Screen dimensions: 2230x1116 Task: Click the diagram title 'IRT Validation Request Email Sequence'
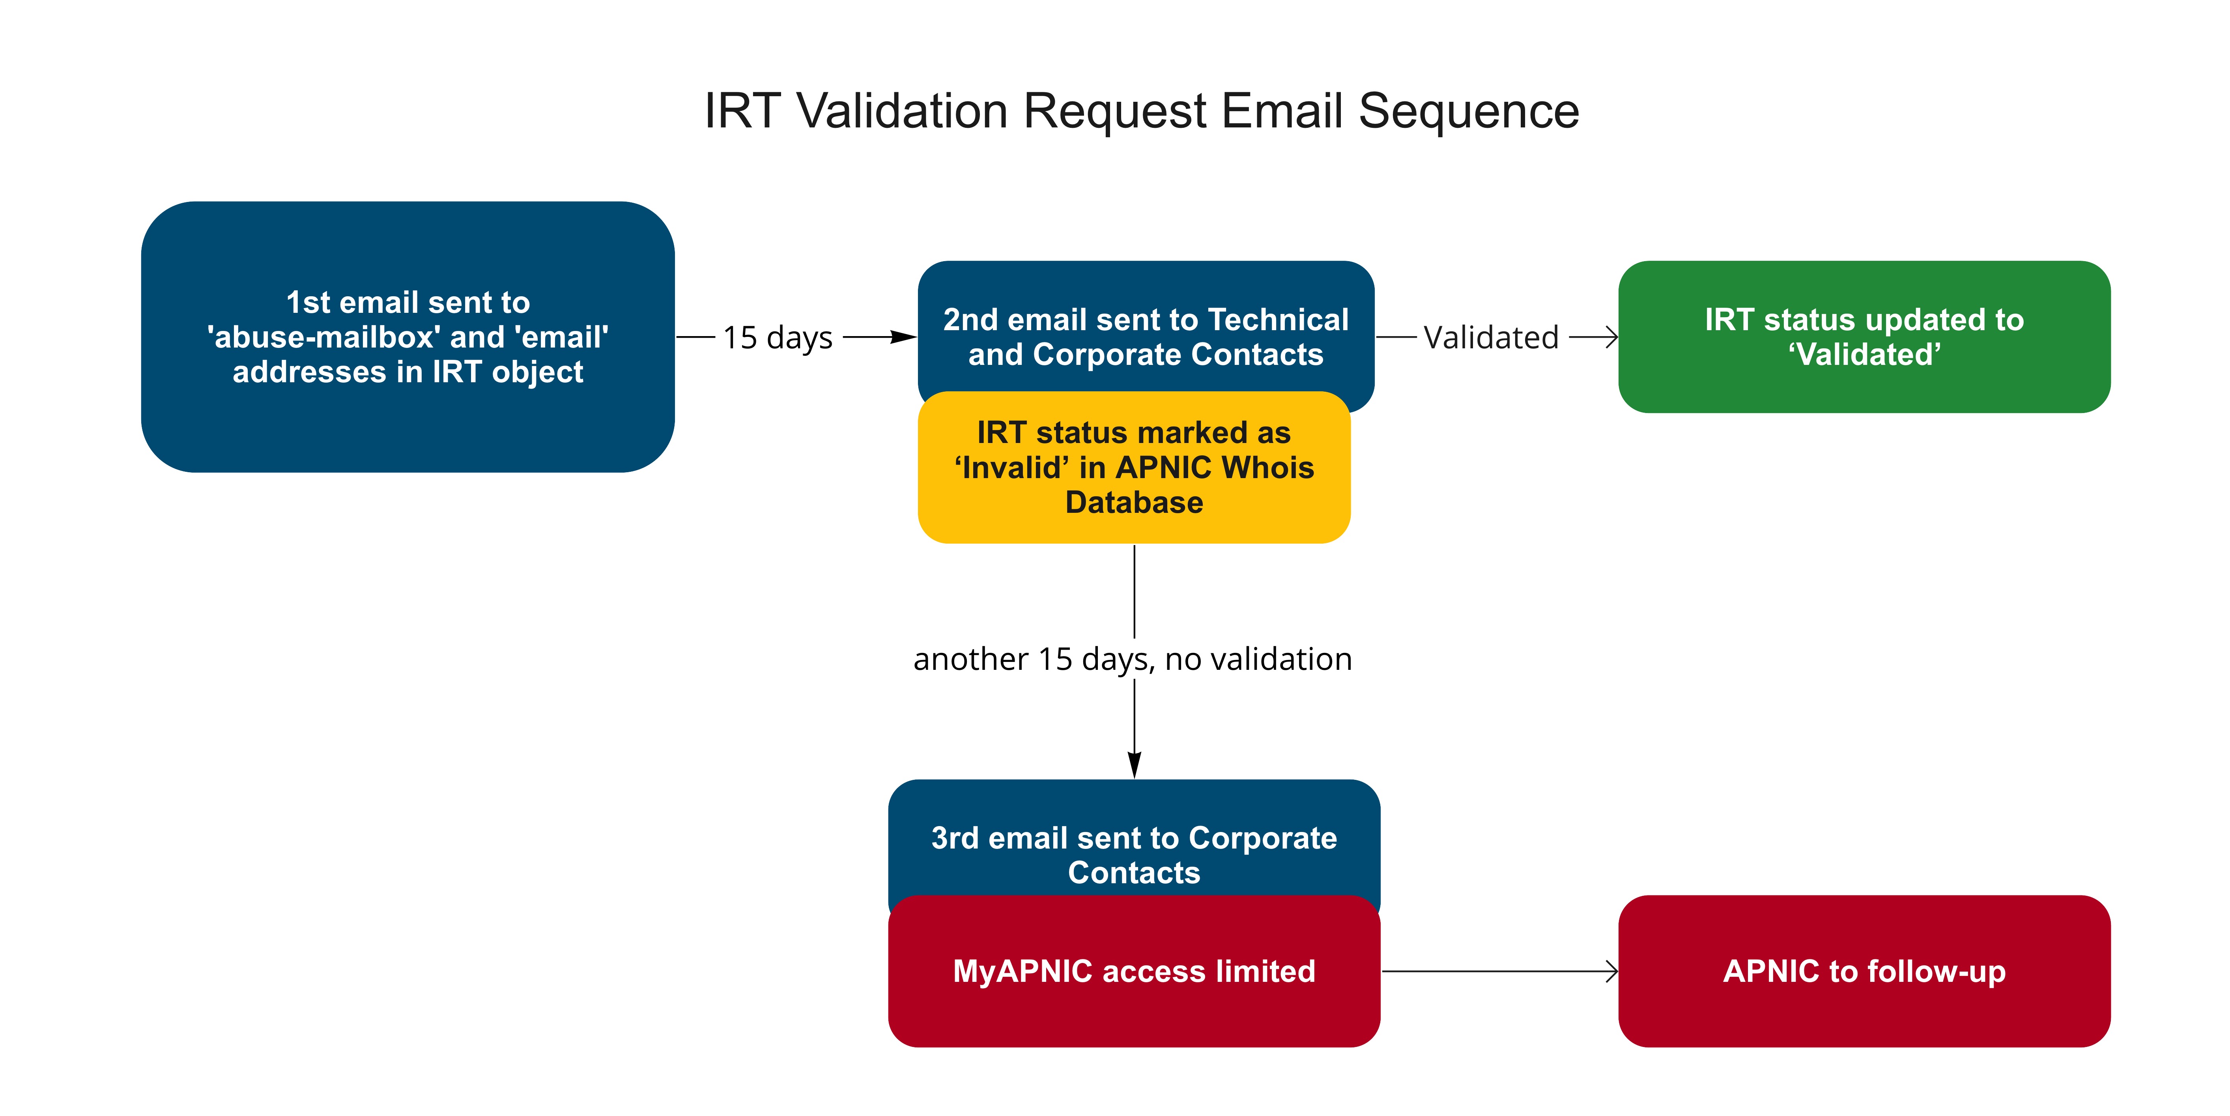[x=1141, y=111]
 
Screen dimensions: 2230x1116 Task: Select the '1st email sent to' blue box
[x=408, y=337]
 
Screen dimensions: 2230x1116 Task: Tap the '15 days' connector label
[x=778, y=337]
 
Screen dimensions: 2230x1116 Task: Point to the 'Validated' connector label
[x=1491, y=337]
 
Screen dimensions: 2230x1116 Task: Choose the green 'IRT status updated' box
[x=1864, y=337]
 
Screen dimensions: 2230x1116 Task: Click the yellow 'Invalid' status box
[x=1134, y=467]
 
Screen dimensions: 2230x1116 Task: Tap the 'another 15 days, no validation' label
[x=1132, y=659]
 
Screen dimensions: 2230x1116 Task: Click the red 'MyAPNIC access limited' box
[x=1134, y=971]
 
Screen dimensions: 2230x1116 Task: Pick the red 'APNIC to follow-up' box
[x=1864, y=971]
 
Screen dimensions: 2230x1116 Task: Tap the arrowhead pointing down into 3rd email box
[x=1134, y=765]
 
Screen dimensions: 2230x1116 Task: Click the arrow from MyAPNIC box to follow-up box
[x=1499, y=971]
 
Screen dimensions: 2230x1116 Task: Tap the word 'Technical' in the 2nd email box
[x=1279, y=320]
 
